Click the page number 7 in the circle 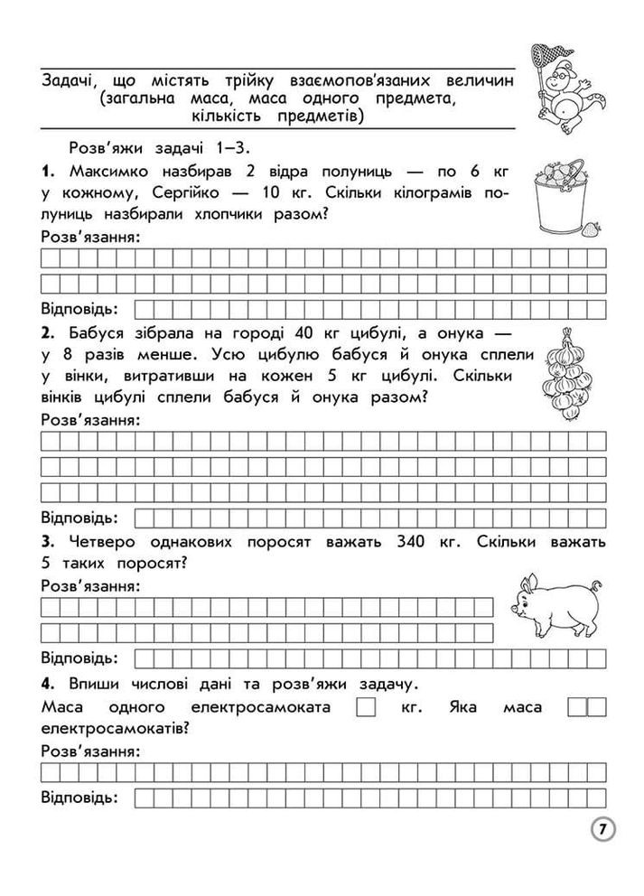602,828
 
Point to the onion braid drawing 565,373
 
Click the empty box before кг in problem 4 365,706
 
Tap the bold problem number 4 48,682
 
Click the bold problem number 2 47,331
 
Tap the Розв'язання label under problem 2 89,420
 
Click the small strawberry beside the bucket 592,229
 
